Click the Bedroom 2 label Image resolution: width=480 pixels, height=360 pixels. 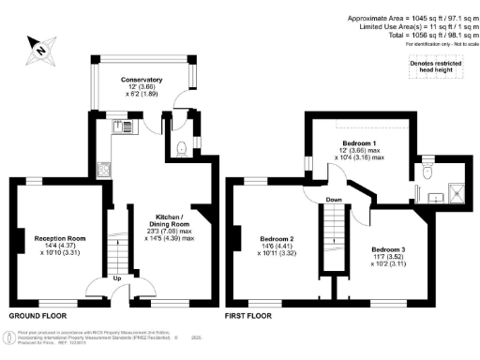(278, 239)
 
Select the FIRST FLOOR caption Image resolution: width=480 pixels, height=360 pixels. (247, 316)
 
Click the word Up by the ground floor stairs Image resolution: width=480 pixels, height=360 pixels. (116, 278)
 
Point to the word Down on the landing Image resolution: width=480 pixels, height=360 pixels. (334, 199)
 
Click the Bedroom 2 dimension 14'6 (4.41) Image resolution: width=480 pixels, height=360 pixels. (277, 246)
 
